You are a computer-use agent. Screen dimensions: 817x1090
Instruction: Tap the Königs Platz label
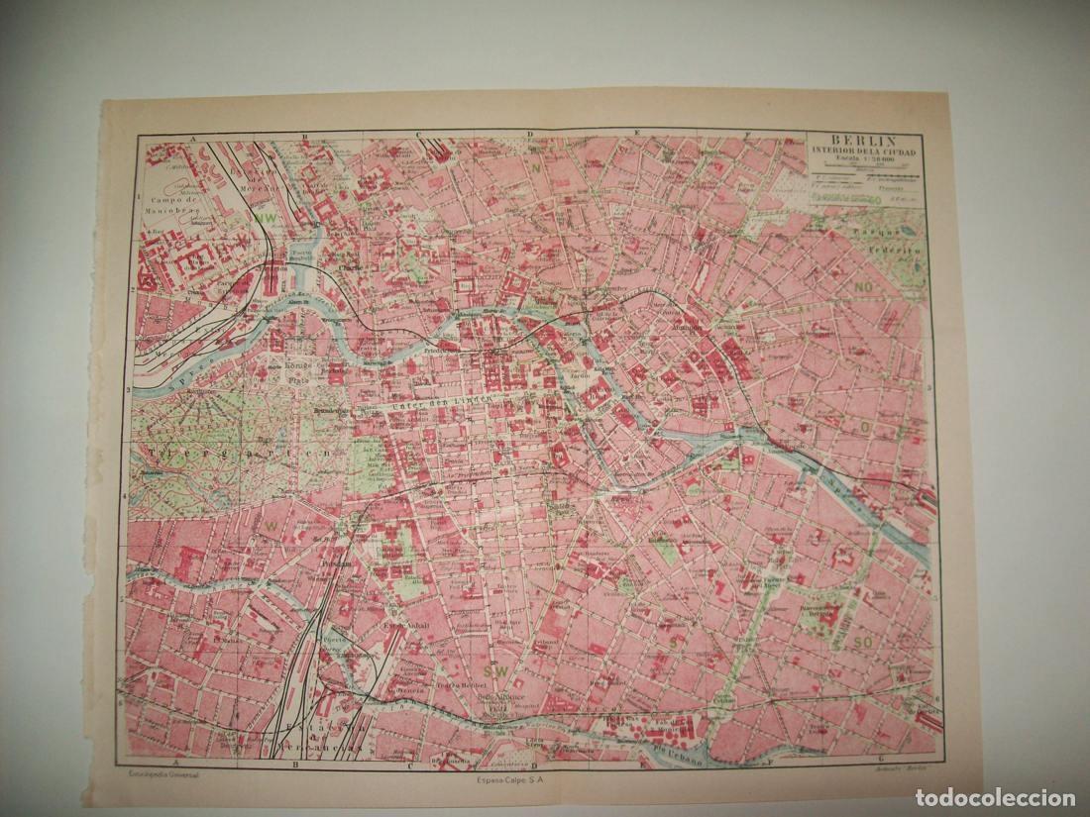tap(298, 369)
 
